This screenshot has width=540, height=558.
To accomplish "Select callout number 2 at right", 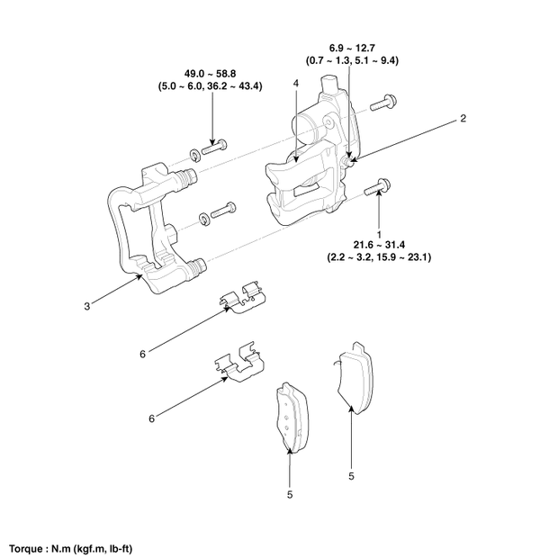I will (463, 118).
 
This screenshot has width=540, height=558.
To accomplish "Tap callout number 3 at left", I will (86, 306).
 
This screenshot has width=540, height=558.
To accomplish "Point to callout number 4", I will (294, 83).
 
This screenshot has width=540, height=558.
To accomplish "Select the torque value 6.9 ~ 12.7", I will (351, 47).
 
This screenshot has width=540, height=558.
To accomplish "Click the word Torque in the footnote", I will (26, 547).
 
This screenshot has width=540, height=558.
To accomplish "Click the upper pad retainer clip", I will (243, 301).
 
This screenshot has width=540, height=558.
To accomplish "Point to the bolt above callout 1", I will (378, 187).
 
